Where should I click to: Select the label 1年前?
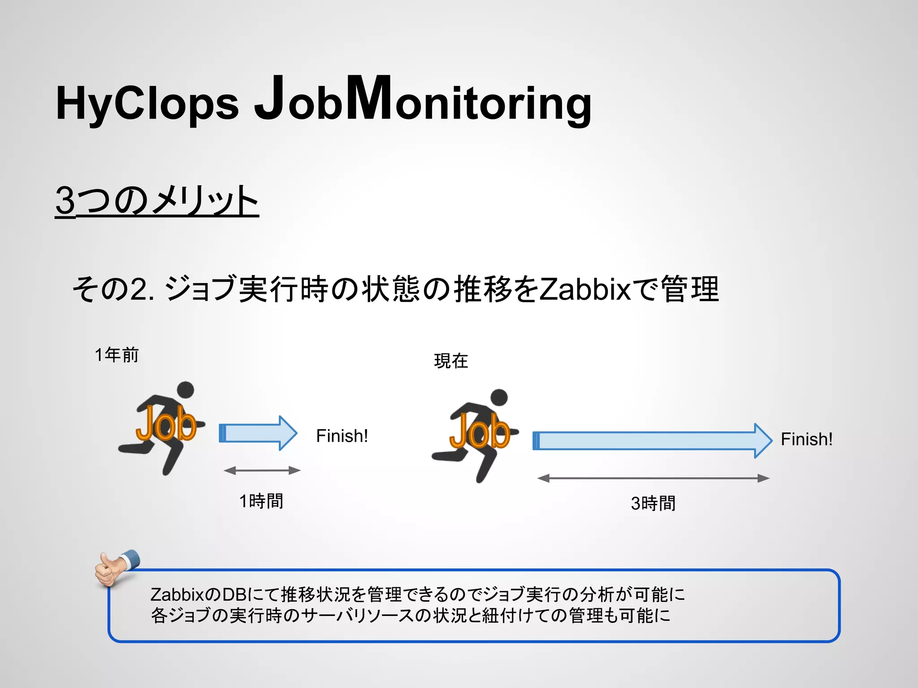(x=117, y=355)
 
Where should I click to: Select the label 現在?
(x=451, y=361)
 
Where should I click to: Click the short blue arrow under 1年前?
(x=258, y=433)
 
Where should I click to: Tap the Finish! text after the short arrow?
(x=342, y=436)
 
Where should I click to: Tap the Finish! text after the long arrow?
(x=806, y=439)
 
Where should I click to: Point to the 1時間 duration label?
(x=261, y=501)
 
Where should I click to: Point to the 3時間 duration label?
(x=653, y=503)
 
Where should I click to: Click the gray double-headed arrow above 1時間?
(x=262, y=470)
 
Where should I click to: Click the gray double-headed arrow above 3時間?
(x=653, y=478)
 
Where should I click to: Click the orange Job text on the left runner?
(x=166, y=423)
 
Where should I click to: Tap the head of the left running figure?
(x=186, y=390)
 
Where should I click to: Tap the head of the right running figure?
(x=499, y=397)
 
